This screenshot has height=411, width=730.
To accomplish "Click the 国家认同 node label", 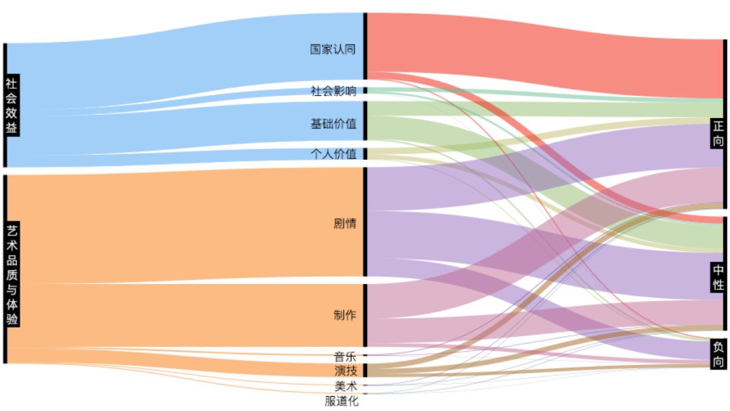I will coord(333,49).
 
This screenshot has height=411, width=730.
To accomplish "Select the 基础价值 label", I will coord(333,124).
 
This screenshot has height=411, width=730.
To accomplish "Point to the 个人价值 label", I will coord(333,154).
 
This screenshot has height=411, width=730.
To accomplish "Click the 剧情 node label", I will coord(345,224).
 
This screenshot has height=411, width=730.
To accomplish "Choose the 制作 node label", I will coord(345,315).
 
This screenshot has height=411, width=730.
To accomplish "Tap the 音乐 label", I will coord(345,357).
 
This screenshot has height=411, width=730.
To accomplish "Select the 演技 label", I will coord(345,371).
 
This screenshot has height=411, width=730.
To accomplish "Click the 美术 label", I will coord(345,386).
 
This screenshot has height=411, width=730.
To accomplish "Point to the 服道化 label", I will coord(341,401).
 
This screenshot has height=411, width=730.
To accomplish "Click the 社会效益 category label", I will coord(11,106).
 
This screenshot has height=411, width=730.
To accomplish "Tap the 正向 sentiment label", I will coord(718,134).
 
